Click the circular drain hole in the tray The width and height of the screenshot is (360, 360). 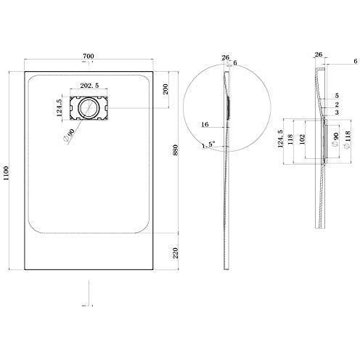pyautogui.click(x=89, y=108)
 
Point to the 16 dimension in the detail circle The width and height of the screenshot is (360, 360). pyautogui.click(x=207, y=125)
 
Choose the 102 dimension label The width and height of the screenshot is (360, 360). pyautogui.click(x=304, y=138)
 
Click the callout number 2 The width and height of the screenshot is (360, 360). pyautogui.click(x=337, y=105)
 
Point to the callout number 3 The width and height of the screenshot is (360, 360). pyautogui.click(x=337, y=113)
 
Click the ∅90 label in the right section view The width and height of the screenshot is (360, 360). pyautogui.click(x=335, y=138)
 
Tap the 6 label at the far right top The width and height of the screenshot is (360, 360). pyautogui.click(x=335, y=63)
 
